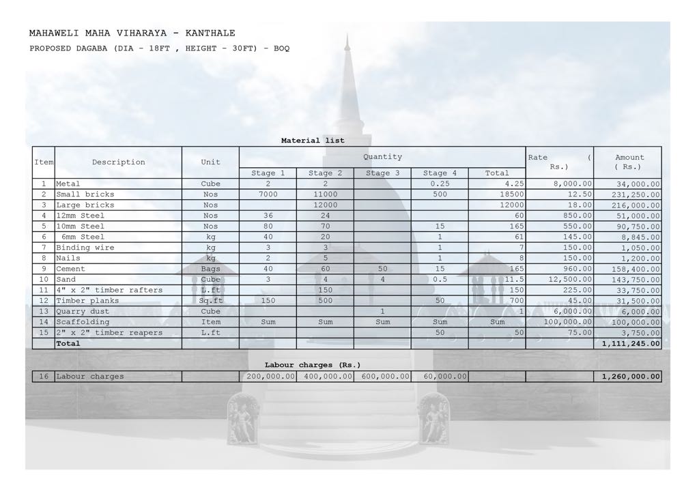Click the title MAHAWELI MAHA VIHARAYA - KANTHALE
click(132, 33)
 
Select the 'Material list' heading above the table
click(313, 141)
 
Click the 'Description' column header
click(119, 162)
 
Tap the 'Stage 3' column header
click(382, 173)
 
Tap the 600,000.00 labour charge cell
click(383, 376)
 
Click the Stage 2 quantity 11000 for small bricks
click(325, 194)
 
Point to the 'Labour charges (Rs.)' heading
click(313, 365)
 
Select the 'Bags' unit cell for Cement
click(210, 269)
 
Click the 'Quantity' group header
click(382, 157)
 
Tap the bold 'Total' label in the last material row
click(68, 343)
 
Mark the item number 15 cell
click(44, 333)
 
